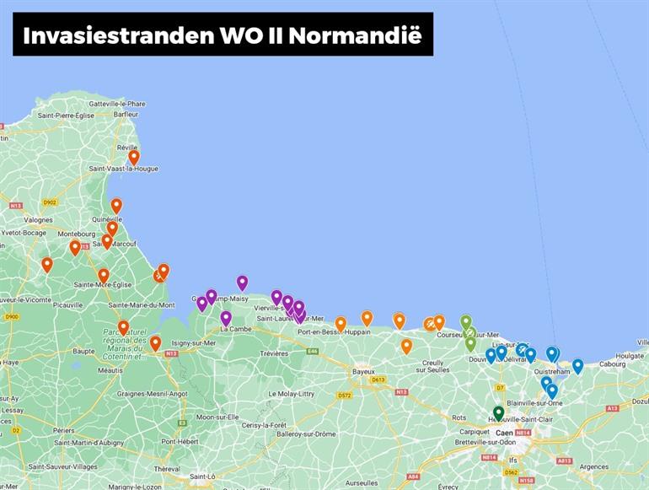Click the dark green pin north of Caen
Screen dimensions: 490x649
(498, 412)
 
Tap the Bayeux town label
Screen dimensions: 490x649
(363, 371)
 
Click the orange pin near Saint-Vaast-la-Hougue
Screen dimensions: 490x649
(133, 157)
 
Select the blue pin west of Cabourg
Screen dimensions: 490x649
(577, 365)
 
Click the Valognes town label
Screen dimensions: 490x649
(38, 220)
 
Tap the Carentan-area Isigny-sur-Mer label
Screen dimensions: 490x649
(192, 343)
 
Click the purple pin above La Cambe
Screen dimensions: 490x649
(226, 317)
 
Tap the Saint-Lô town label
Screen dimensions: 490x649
(202, 477)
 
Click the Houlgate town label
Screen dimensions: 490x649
(630, 356)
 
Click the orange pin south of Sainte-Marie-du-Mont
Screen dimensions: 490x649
(123, 326)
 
